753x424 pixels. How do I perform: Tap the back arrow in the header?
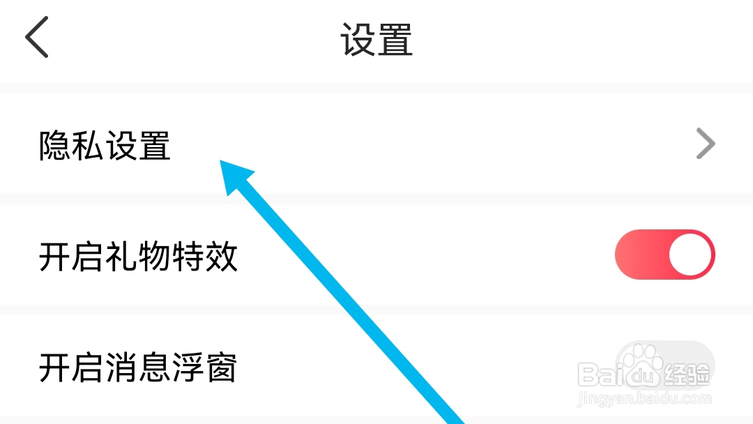(37, 38)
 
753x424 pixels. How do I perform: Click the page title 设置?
(376, 39)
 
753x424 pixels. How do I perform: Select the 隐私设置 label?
(105, 146)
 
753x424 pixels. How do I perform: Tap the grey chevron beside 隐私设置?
(706, 144)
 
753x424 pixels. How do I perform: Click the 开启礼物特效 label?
(138, 257)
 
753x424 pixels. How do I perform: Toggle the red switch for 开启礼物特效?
(664, 255)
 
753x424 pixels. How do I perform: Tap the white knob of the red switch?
(690, 255)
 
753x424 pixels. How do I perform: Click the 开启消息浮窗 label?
(138, 368)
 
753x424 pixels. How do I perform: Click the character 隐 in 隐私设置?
(55, 146)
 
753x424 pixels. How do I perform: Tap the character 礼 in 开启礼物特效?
(121, 257)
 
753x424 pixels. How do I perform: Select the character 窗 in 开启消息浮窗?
(221, 368)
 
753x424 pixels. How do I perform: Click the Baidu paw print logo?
(641, 365)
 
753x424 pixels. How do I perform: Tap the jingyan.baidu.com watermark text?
(645, 399)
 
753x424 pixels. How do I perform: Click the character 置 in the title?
(395, 39)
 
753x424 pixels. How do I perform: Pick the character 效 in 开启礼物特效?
(221, 257)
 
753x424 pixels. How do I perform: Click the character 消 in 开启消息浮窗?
(121, 368)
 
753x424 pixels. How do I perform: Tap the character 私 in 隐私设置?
(88, 146)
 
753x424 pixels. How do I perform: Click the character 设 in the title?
(358, 39)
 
